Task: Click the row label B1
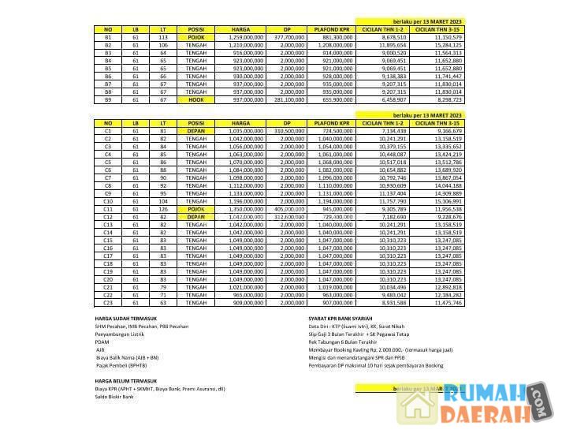click(x=108, y=37)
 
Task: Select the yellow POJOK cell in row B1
click(x=196, y=37)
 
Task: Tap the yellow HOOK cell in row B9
click(x=196, y=100)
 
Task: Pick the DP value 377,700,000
click(x=288, y=37)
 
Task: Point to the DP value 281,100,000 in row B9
click(x=288, y=100)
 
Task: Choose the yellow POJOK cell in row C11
click(x=196, y=209)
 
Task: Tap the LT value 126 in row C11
click(x=162, y=209)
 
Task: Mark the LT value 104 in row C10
click(x=162, y=201)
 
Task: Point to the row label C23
click(x=108, y=302)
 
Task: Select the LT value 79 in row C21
click(x=162, y=287)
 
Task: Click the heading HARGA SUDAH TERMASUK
click(x=125, y=319)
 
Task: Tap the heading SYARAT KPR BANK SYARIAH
click(x=343, y=319)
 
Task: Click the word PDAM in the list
click(x=100, y=342)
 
